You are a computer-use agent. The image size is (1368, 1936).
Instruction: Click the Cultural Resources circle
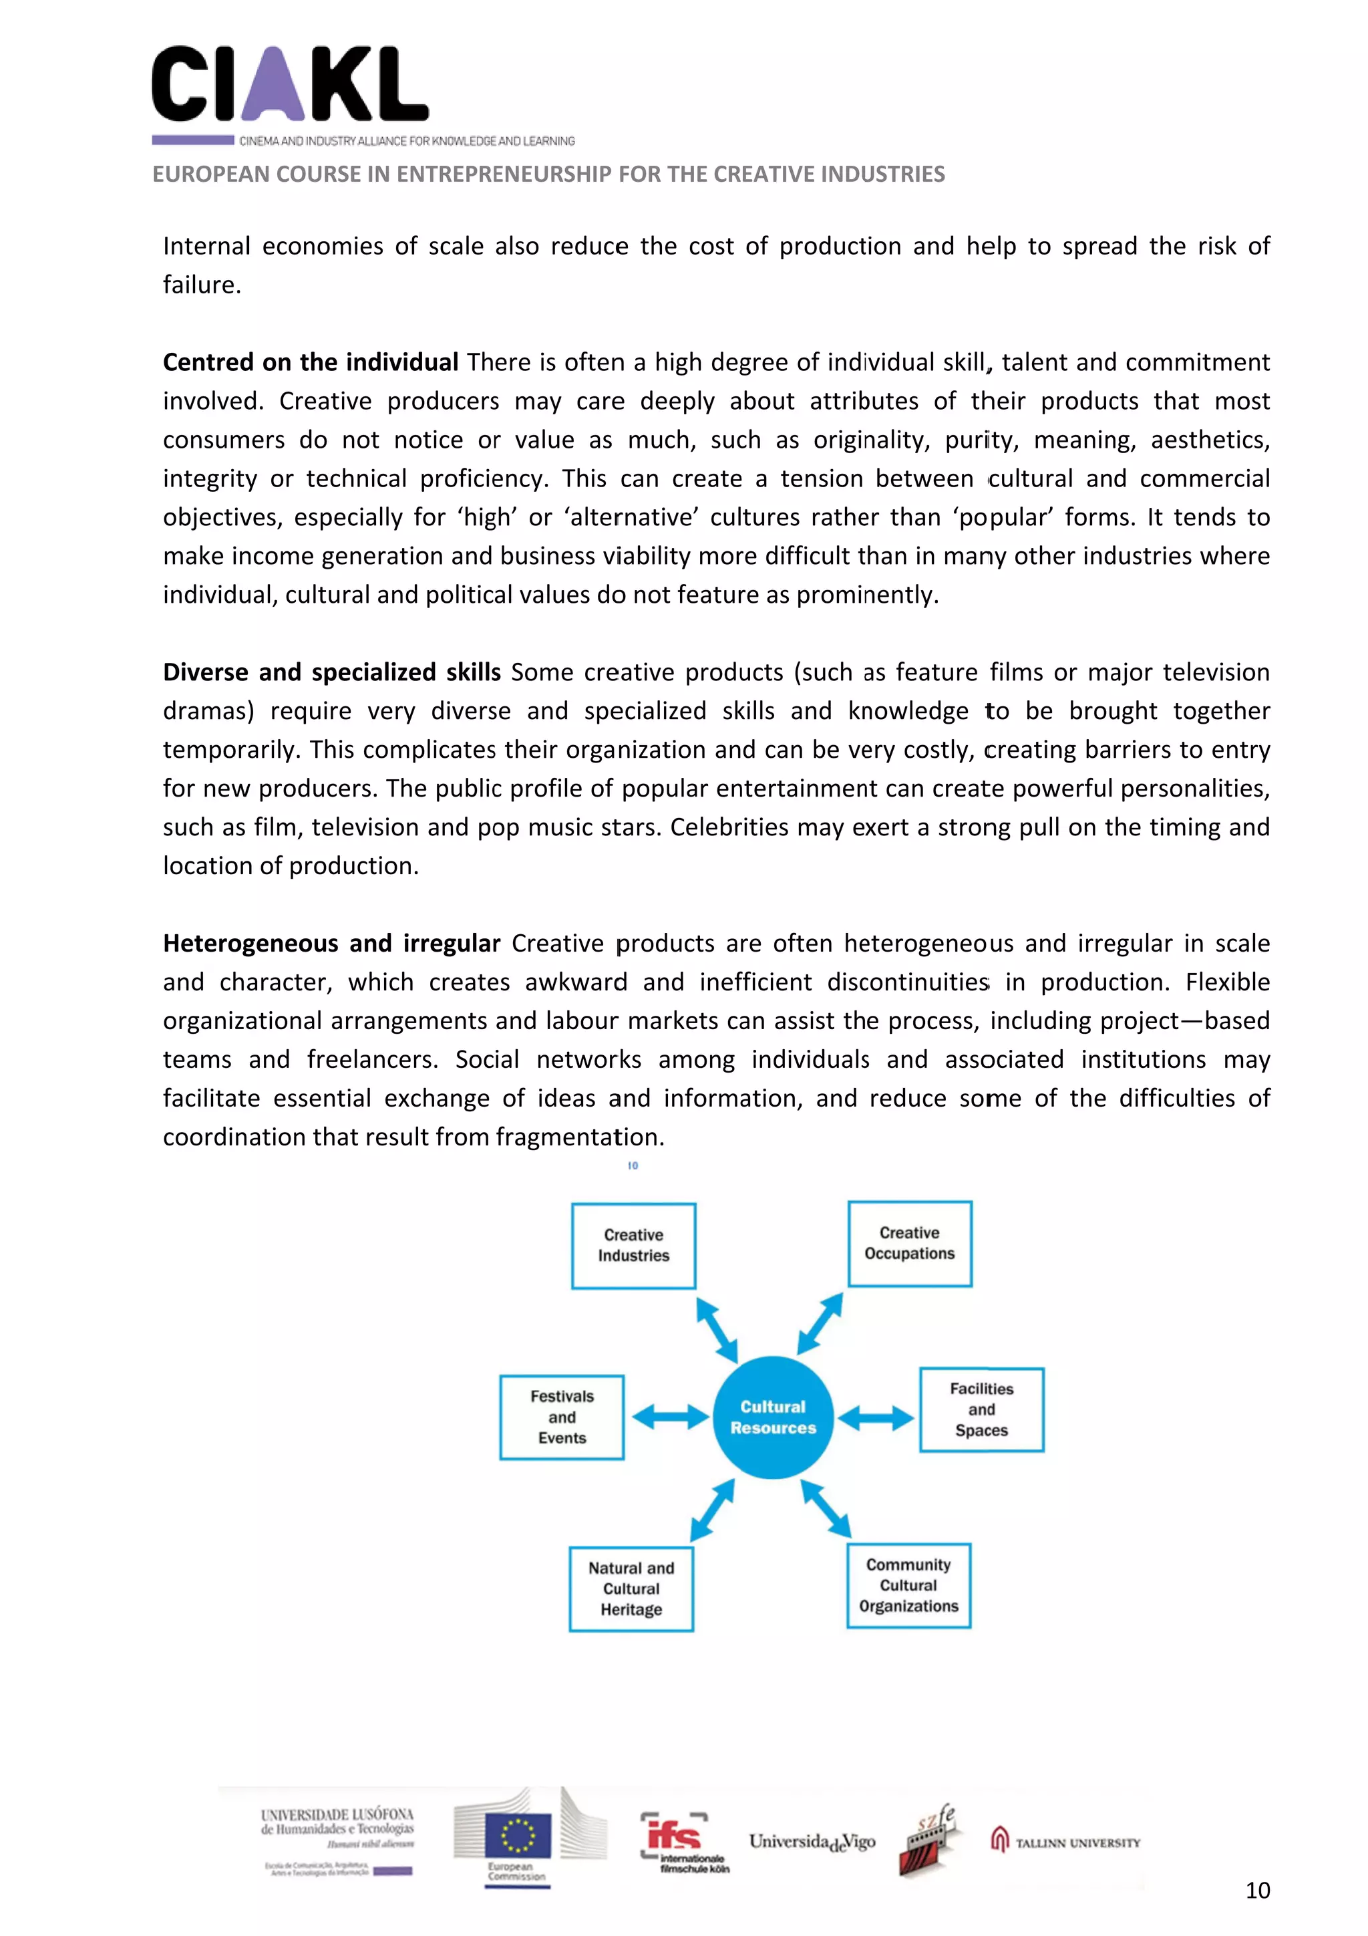[773, 1417]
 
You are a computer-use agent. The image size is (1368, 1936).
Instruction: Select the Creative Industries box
[633, 1246]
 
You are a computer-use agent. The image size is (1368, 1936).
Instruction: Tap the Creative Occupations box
[910, 1244]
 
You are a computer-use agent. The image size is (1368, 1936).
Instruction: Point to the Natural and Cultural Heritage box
[631, 1588]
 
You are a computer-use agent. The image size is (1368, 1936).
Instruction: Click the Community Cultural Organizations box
[908, 1585]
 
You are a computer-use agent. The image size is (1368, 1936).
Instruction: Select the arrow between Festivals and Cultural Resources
[670, 1417]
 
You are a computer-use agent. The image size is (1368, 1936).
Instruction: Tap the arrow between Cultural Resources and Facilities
[875, 1417]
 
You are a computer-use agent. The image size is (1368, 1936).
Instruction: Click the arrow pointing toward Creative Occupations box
[820, 1324]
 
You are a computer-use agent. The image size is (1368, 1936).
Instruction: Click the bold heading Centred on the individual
[310, 363]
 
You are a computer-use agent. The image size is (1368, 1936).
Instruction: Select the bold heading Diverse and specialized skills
[331, 672]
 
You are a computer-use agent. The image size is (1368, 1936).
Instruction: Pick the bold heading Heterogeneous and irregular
[331, 943]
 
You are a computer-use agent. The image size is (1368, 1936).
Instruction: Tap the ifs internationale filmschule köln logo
[685, 1842]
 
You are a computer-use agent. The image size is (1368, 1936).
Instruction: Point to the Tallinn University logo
[1065, 1842]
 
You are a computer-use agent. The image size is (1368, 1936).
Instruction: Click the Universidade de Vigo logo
[812, 1842]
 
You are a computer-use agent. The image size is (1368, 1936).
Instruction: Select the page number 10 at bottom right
[1256, 1891]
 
